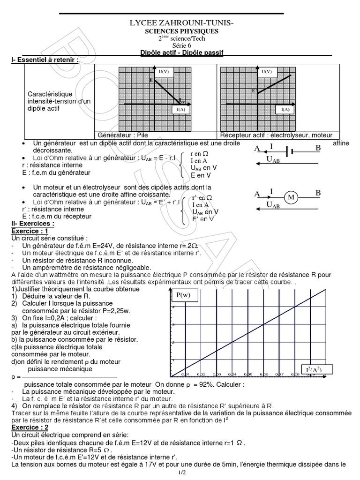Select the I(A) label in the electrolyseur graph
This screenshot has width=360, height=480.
coord(285,110)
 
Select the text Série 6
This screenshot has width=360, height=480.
coord(181,45)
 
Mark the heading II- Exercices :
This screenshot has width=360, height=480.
coord(32,224)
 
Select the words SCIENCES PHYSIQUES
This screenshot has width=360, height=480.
coord(181,31)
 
